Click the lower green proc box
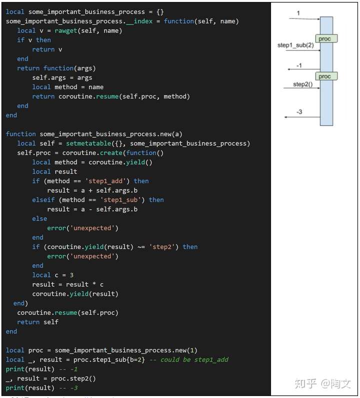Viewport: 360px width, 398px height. point(325,76)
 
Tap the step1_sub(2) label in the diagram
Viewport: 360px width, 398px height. point(295,45)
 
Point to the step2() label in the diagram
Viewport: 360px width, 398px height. point(302,84)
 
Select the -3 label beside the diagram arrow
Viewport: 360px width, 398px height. point(299,112)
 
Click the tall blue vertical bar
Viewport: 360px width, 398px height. point(326,100)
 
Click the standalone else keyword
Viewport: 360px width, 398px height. point(39,219)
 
